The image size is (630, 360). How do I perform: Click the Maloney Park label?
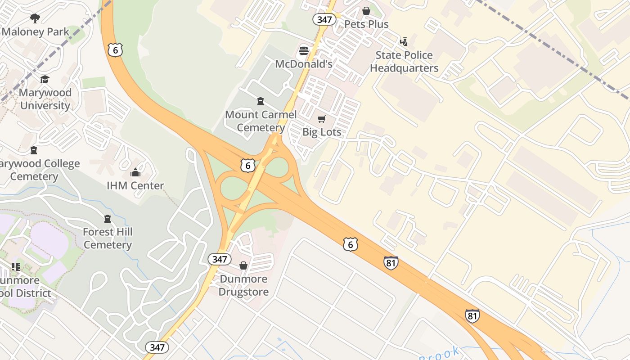[36, 32]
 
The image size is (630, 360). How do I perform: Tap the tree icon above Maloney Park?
[35, 18]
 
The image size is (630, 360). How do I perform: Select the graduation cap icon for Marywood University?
[45, 80]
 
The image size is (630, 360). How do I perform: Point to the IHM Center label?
[135, 185]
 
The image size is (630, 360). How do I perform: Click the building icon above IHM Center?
[135, 172]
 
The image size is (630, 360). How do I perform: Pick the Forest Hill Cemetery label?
[108, 238]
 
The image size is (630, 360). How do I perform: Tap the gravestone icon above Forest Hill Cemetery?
[108, 219]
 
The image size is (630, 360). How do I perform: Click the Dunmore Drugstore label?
[243, 285]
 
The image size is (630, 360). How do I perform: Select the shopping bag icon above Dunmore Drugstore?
[243, 265]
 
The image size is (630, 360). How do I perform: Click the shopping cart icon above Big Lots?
[321, 119]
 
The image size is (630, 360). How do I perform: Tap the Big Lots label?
[322, 132]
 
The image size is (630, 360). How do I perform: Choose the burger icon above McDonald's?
[304, 50]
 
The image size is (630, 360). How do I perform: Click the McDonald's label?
[304, 64]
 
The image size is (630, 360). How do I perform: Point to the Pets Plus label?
[366, 24]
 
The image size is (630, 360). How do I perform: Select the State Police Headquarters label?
[404, 62]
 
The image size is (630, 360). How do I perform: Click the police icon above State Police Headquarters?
[404, 42]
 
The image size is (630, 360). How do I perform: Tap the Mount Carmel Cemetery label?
[261, 121]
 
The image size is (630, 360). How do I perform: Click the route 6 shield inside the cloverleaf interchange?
[247, 166]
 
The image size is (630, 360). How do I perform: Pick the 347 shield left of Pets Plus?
[324, 19]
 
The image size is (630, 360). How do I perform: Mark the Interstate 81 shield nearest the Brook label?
[472, 316]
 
